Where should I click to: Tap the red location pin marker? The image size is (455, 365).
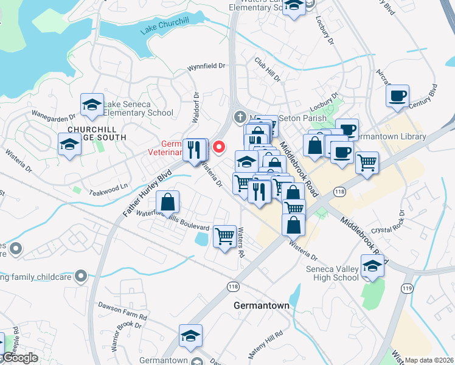218,147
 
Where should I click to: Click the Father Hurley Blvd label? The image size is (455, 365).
148,193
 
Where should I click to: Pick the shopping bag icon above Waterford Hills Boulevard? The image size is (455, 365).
167,201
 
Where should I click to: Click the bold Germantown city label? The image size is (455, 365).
261,306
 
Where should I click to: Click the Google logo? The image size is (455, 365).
19,358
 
